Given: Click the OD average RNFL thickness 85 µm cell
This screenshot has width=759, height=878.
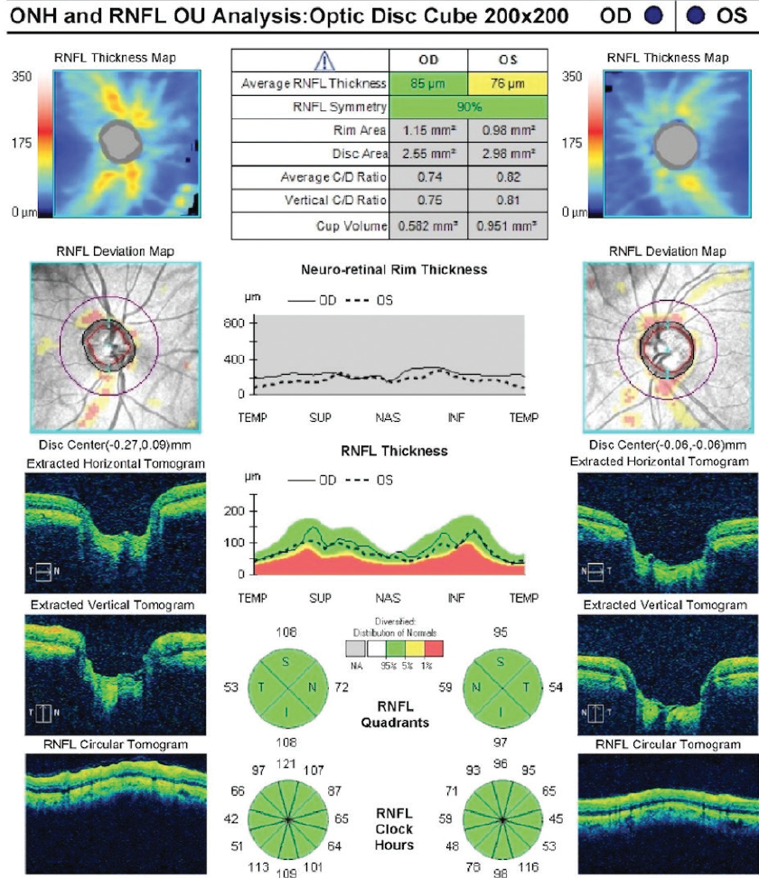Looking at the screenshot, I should [428, 84].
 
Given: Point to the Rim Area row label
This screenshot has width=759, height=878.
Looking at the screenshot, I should [361, 130].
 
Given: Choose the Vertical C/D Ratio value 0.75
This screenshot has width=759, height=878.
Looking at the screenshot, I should [428, 200].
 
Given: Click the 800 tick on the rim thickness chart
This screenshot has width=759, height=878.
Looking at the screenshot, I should [237, 322].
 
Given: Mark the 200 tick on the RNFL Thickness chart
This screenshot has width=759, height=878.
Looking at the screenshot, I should [237, 511].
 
